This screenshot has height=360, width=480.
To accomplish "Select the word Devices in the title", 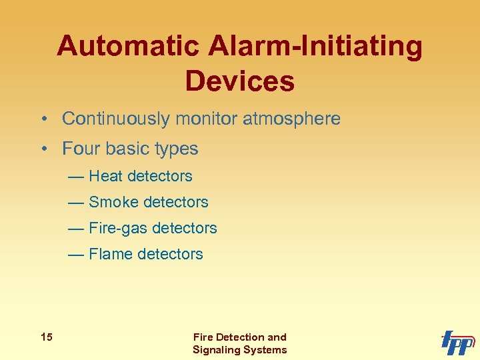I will pos(239,81).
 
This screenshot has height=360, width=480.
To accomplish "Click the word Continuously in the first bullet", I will pos(116,119).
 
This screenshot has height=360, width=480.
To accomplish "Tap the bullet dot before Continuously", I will pos(42,120).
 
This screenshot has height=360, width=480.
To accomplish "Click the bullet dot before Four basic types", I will pos(42,149).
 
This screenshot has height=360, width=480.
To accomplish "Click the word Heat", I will pos(105,176).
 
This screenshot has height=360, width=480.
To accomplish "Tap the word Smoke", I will pos(112,202).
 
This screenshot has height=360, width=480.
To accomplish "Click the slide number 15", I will pos(46,337).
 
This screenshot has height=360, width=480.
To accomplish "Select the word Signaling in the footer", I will pos(217,349).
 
